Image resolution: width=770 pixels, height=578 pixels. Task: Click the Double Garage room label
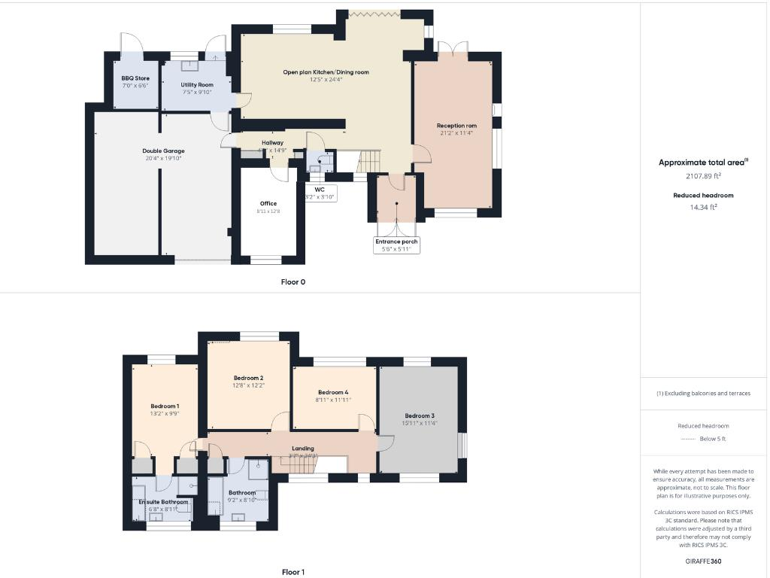coord(163,151)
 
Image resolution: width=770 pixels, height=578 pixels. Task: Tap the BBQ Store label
coord(135,78)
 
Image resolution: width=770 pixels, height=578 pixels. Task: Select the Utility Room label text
coord(197,85)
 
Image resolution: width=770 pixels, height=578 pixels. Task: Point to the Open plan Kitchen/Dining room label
coord(326,72)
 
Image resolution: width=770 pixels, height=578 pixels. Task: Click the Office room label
coord(268,203)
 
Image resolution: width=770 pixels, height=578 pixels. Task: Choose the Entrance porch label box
coord(397,242)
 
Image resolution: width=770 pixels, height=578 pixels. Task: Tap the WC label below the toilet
coord(320,190)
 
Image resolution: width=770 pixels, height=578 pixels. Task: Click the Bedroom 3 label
coord(420,415)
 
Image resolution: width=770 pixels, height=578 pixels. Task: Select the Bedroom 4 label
coord(333,392)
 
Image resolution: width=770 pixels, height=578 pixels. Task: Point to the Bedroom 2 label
coord(248,378)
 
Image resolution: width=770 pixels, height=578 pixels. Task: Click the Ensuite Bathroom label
coord(163,501)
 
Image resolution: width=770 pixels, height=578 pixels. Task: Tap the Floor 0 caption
coord(293,282)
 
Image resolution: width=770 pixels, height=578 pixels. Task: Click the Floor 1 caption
coord(293,572)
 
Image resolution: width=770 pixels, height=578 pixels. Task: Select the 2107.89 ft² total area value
coord(703,176)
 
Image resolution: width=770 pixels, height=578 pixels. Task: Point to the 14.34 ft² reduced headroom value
coord(703,207)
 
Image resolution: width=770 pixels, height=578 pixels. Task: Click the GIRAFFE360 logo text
coord(703,561)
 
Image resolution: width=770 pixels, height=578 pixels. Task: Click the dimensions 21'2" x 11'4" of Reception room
coord(457,133)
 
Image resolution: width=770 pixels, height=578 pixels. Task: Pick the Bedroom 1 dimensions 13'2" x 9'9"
coord(164,413)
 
